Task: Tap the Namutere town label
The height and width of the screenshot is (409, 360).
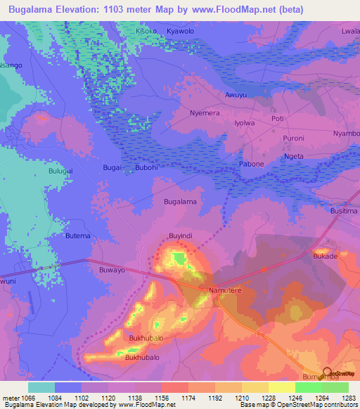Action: pos(225,290)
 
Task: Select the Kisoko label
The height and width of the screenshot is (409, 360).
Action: pos(147,32)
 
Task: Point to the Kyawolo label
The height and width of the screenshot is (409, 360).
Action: pos(180,32)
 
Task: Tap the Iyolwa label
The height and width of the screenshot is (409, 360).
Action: pos(244,123)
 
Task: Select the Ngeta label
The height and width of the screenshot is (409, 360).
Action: pos(294,156)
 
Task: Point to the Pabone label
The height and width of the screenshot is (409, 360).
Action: pos(252,164)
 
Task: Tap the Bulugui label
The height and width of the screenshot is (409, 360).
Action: pos(41,169)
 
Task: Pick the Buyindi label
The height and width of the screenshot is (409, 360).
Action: pos(181,235)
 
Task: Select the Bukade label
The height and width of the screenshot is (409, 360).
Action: pos(326,257)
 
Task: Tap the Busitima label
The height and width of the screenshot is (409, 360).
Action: pos(344,211)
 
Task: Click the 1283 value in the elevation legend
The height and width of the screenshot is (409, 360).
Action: pos(348,398)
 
